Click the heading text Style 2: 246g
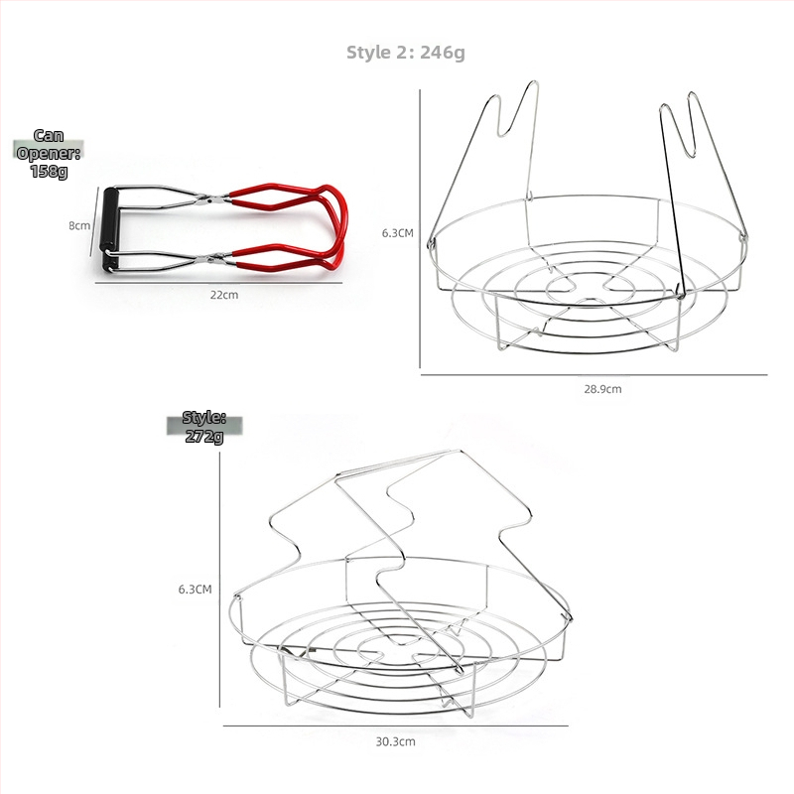[x=406, y=53]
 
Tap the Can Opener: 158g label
[x=49, y=154]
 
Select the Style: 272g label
[x=204, y=427]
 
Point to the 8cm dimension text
[x=79, y=225]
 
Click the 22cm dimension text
[x=224, y=295]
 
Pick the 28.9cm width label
[x=602, y=389]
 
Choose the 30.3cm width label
[x=395, y=741]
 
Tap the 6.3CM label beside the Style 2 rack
[x=398, y=233]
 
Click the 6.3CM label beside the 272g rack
[x=195, y=589]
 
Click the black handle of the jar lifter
[x=110, y=229]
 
